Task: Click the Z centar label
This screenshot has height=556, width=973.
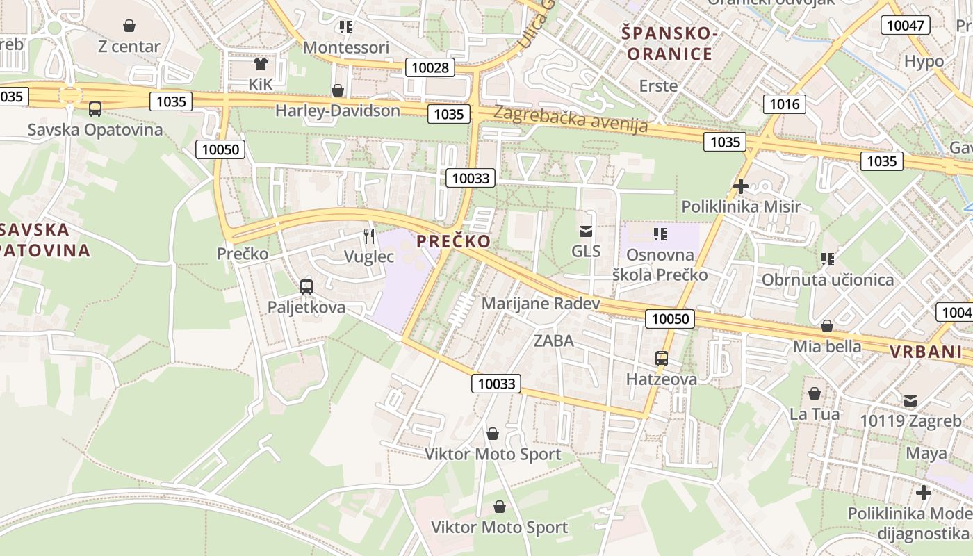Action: pos(129,47)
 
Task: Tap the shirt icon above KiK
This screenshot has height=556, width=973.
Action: pos(260,64)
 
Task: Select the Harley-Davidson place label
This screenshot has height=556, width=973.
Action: pos(338,111)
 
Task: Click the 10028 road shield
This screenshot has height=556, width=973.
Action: pos(430,67)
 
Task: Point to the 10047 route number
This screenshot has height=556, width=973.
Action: pos(906,26)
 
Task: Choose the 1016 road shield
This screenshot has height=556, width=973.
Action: pos(785,104)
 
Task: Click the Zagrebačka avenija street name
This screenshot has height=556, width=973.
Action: pos(570,120)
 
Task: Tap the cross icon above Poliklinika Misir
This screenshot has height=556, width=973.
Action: pos(741,186)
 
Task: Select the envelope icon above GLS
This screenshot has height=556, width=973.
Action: pos(586,231)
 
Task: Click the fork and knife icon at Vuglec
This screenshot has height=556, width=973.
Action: pos(369,236)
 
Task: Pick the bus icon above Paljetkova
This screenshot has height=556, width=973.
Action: pos(306,286)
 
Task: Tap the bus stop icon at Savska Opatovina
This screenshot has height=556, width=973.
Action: pos(95,109)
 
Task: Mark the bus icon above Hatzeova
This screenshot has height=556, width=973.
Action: pos(662,359)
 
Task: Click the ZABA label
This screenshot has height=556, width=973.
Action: pos(554,341)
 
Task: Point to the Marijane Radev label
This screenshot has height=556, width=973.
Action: pos(541,304)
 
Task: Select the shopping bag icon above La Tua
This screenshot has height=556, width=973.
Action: pos(815,394)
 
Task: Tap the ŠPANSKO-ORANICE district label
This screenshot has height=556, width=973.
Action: pos(668,43)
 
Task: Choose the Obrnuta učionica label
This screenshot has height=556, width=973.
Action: pos(828,279)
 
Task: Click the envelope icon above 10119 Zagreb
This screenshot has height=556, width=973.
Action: pos(910,401)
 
